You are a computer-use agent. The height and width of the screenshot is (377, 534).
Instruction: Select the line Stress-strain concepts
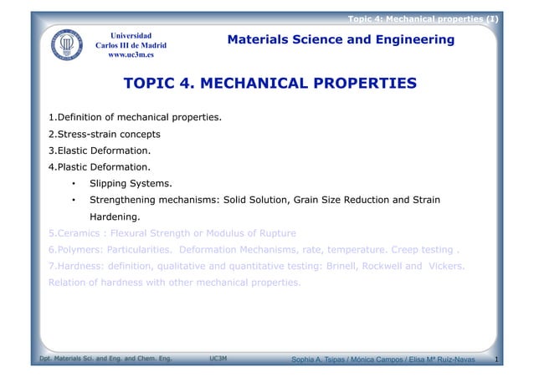[x=105, y=134]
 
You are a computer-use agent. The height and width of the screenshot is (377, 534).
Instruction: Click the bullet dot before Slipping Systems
[x=74, y=183]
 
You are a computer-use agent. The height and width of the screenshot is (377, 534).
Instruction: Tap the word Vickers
[x=440, y=266]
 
